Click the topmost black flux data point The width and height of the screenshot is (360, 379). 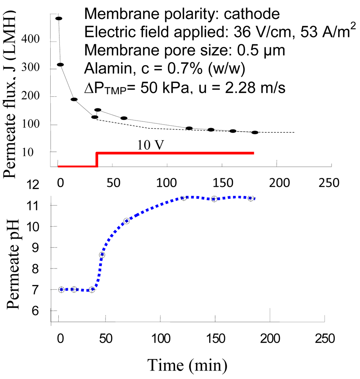(x=59, y=18)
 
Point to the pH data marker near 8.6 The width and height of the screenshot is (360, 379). (x=102, y=255)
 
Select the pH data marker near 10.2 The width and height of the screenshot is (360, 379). (x=127, y=221)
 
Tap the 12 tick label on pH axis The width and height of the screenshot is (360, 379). (x=35, y=184)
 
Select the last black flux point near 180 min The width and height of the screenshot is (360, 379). (x=255, y=133)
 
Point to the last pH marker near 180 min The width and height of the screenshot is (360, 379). (x=251, y=198)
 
